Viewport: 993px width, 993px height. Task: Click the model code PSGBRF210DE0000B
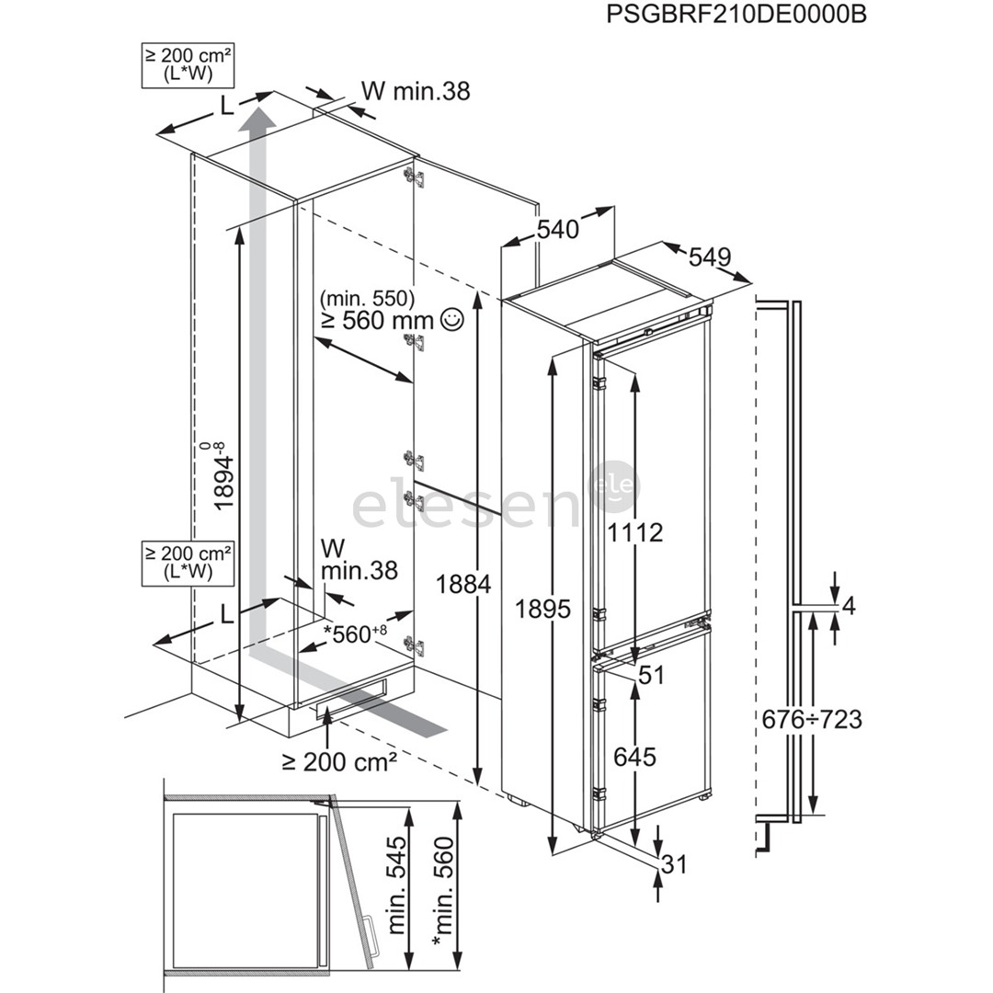point(736,15)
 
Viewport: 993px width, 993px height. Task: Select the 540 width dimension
point(558,228)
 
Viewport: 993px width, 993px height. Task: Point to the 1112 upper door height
point(634,531)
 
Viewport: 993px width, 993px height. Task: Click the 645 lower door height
point(634,757)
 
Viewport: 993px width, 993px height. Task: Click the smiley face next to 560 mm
point(451,320)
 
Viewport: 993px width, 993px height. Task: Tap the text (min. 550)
point(368,298)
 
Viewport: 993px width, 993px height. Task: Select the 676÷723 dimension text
point(812,718)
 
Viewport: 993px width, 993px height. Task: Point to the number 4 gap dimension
point(849,606)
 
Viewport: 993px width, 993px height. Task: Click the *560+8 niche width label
point(354,633)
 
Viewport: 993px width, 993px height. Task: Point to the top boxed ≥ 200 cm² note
point(187,64)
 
